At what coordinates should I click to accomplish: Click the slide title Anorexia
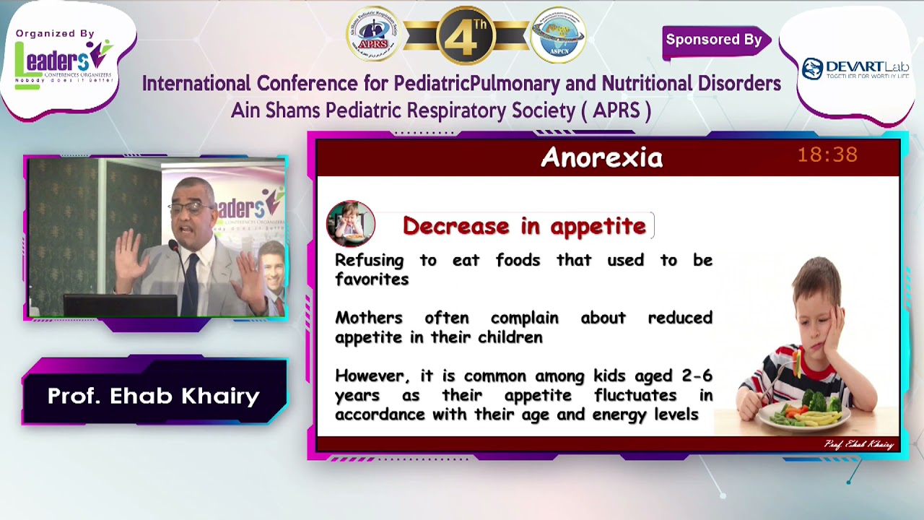(601, 157)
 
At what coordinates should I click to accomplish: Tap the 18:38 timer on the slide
(827, 155)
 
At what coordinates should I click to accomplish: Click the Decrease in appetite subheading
(524, 226)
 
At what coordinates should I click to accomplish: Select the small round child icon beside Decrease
(351, 224)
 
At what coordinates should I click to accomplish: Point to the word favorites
(372, 279)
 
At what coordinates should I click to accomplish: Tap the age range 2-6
(697, 376)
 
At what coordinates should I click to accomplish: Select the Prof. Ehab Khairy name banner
(154, 396)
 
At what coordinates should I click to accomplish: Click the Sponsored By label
(713, 40)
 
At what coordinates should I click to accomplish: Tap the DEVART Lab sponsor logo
(855, 69)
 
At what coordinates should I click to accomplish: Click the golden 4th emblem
(466, 35)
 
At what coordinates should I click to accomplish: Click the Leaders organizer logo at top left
(64, 61)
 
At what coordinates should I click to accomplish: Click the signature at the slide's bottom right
(858, 444)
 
